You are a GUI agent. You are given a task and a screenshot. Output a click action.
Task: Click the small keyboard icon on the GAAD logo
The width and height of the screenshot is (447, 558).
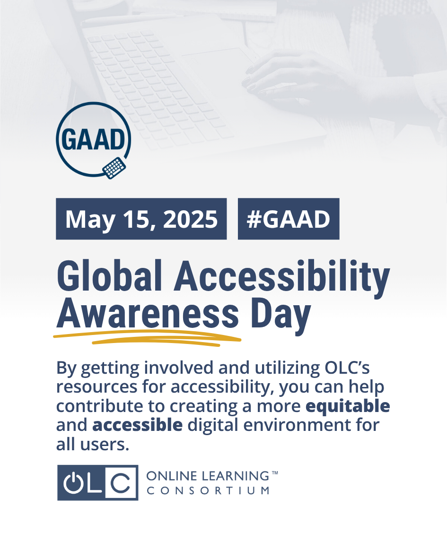point(114,168)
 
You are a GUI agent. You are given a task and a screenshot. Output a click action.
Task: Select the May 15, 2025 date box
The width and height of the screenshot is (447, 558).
point(141,219)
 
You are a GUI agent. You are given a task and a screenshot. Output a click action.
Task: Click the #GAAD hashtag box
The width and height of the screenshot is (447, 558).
point(289,219)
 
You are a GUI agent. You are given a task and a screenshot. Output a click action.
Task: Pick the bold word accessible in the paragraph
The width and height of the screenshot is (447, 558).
point(138,425)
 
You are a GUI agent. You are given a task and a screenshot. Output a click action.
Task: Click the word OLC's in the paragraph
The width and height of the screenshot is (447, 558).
point(347,368)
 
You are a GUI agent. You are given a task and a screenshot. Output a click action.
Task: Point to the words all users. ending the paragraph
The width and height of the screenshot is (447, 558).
point(93,444)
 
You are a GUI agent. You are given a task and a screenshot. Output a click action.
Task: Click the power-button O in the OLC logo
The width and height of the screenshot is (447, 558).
point(73,482)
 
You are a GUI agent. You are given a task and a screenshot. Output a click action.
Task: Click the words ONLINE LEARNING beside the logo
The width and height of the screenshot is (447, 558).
point(208,476)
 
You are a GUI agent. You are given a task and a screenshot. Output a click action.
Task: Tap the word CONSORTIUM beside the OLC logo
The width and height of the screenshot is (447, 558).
point(208,491)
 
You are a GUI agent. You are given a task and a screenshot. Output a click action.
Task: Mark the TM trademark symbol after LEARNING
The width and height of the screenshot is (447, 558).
point(275,473)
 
